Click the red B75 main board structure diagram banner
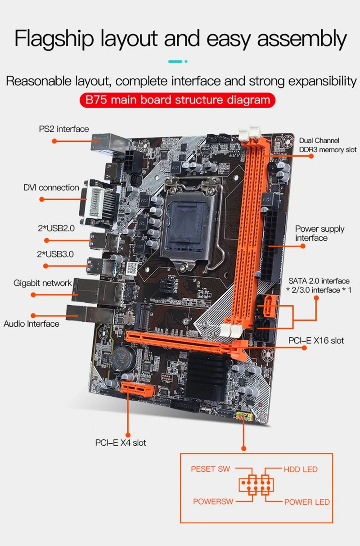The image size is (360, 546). tap(177, 100)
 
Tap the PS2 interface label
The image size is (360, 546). tap(64, 129)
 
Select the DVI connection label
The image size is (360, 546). tap(51, 187)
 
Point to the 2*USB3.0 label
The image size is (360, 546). tap(55, 254)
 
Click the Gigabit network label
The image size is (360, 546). tap(43, 283)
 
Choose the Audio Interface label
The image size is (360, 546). tap(31, 324)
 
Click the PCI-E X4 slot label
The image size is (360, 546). tap(121, 442)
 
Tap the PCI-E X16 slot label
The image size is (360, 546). tap(316, 341)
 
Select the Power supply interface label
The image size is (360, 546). tap(320, 233)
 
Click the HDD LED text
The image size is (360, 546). tap(301, 469)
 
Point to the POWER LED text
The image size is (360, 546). tap(307, 502)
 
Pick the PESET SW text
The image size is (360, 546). tap(211, 469)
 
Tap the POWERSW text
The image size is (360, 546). tap(213, 501)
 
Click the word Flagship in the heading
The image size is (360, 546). tap(54, 39)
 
